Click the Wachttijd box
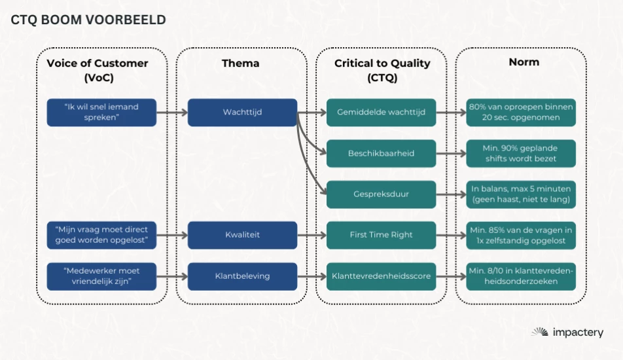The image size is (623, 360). [242, 113]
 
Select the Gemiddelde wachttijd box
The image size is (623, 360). [381, 113]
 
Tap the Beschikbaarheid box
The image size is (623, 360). [381, 153]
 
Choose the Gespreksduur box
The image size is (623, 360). [381, 194]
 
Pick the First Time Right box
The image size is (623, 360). [381, 235]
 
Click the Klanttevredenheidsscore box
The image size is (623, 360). [381, 276]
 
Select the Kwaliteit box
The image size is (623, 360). [242, 235]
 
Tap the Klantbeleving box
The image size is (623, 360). [242, 276]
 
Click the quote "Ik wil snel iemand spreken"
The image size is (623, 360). [101, 113]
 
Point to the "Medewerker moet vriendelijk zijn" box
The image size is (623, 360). [101, 276]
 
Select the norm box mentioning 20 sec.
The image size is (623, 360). [521, 113]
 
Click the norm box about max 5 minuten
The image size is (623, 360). [521, 194]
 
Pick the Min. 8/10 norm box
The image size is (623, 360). [521, 276]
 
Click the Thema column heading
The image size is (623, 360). [240, 63]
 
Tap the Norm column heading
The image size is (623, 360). [524, 62]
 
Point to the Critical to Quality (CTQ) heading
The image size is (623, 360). [382, 70]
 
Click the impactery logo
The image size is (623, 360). [567, 333]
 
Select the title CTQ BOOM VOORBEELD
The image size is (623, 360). [88, 20]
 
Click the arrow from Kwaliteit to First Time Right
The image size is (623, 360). [312, 236]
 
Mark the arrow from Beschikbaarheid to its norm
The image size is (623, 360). [451, 153]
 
